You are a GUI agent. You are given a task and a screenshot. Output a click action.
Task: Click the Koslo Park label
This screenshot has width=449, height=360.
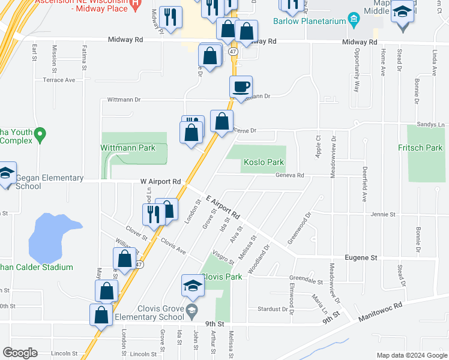(264, 162)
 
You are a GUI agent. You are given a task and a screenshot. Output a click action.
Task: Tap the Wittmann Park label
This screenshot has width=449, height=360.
(127, 148)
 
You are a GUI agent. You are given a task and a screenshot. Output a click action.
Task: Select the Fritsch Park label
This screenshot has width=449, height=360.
(420, 148)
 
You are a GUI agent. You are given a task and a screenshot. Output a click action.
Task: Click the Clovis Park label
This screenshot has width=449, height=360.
(221, 277)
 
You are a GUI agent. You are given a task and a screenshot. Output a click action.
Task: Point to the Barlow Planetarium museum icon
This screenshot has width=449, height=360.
(354, 21)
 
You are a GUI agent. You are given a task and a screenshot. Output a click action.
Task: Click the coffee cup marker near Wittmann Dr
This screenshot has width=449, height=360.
(241, 86)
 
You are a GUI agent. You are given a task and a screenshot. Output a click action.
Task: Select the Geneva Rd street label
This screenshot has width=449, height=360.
(290, 175)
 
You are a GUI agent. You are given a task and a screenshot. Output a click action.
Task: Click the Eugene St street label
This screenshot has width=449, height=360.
(361, 257)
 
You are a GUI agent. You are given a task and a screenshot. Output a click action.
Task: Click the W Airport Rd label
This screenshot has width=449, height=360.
(160, 181)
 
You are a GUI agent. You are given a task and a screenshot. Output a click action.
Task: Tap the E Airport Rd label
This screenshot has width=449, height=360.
(223, 206)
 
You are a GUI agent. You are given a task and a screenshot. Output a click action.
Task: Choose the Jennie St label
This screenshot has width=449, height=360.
(384, 214)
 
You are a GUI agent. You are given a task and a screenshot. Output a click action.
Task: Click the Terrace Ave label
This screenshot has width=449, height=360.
(59, 80)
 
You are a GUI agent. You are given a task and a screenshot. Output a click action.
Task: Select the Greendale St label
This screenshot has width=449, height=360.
(306, 280)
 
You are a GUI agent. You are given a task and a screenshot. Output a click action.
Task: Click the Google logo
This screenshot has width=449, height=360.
(20, 352)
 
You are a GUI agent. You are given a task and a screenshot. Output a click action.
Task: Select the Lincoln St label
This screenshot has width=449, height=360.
(65, 353)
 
